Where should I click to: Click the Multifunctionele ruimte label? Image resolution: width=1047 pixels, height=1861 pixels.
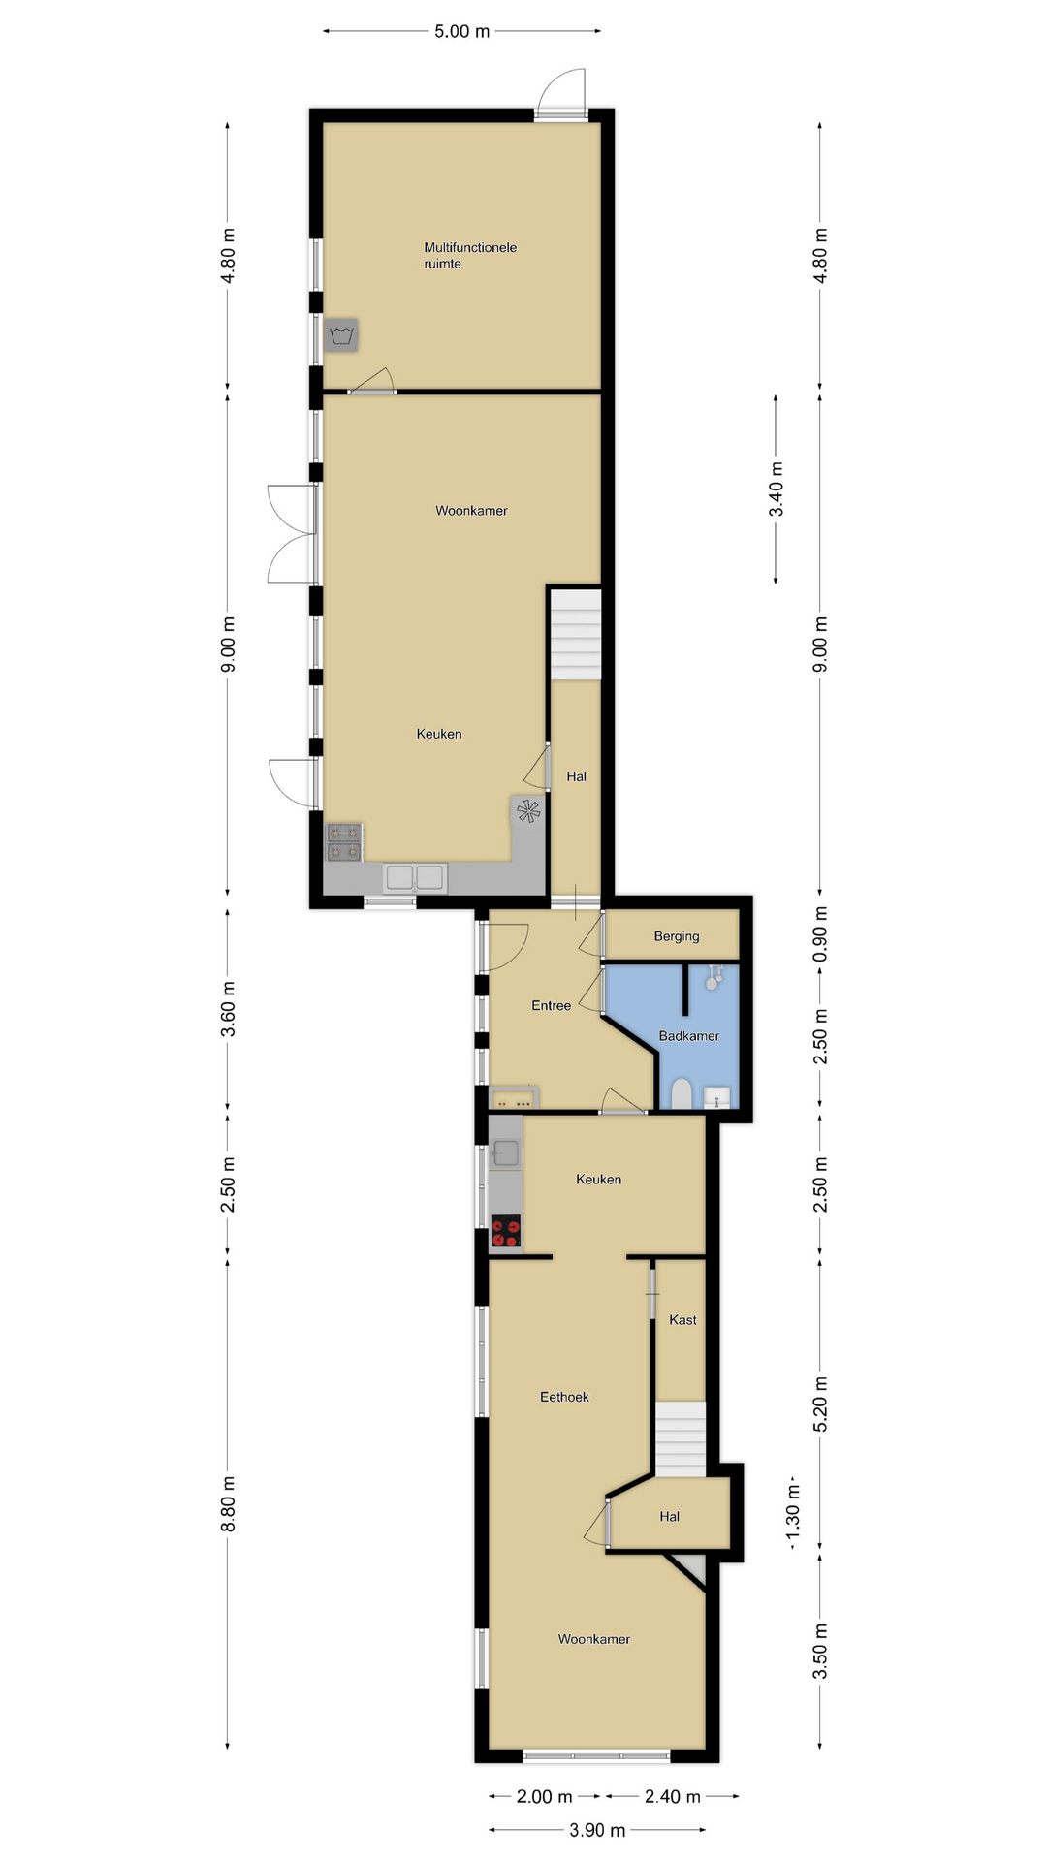(x=470, y=256)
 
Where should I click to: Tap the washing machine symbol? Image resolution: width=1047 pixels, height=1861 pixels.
(x=340, y=335)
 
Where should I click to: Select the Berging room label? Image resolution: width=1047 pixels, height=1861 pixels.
(x=677, y=936)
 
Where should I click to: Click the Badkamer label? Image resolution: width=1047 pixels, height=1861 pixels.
(x=689, y=1036)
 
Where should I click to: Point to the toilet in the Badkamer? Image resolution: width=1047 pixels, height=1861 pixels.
(x=681, y=1094)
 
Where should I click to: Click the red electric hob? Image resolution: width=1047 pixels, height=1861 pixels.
(x=506, y=1231)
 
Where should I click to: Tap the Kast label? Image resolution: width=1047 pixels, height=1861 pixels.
(x=682, y=1320)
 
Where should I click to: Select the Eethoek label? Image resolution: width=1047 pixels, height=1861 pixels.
(x=564, y=1397)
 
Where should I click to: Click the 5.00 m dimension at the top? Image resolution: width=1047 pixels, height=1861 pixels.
(x=461, y=31)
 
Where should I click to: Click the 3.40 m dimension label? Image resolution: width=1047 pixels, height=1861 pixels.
(x=777, y=489)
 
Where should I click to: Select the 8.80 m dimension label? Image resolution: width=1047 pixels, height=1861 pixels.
(x=228, y=1503)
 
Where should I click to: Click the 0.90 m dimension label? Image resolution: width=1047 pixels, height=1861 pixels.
(x=820, y=934)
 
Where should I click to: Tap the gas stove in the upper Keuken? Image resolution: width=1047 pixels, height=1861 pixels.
(x=344, y=841)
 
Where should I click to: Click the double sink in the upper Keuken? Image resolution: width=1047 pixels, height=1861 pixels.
(x=415, y=877)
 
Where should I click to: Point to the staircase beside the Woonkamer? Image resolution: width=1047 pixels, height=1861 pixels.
(x=577, y=635)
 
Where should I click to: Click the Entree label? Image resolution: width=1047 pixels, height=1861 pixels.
(x=551, y=1006)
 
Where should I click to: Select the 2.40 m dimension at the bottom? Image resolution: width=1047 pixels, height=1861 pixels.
(x=673, y=1796)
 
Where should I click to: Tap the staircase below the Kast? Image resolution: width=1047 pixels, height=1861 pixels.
(x=680, y=1438)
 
